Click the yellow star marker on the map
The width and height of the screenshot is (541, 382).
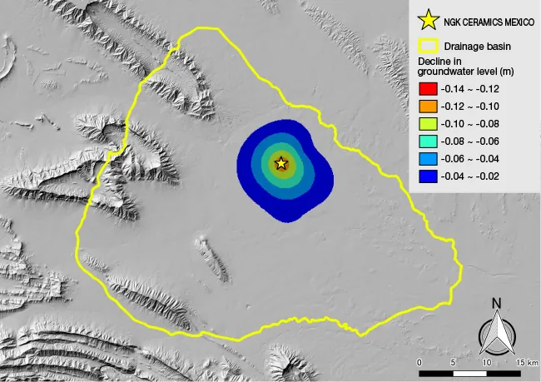coord(281,163)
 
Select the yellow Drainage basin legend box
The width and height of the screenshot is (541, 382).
coord(428,47)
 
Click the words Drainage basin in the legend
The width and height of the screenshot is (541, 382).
coord(477,47)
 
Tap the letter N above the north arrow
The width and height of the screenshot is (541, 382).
coord(496,303)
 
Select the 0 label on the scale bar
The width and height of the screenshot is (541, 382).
coord(419,363)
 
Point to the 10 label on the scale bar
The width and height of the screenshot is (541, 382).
coord(486,363)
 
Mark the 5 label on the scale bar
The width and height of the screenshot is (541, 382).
coord(453,363)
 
